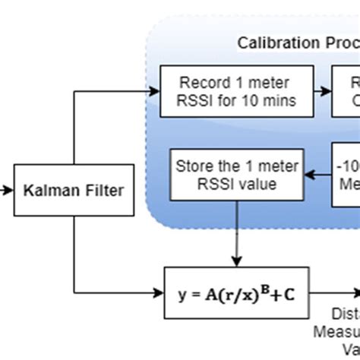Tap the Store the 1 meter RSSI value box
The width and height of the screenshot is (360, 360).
[237, 175]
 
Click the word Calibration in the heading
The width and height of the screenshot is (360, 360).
[275, 43]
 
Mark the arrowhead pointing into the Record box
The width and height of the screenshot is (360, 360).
[155, 90]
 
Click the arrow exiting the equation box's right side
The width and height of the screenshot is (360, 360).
[334, 292]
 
